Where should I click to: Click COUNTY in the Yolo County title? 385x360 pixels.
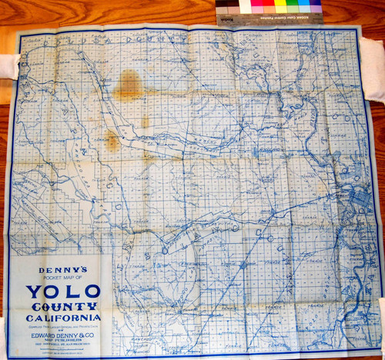click(63, 305)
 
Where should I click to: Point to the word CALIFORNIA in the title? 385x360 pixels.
click(63, 317)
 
